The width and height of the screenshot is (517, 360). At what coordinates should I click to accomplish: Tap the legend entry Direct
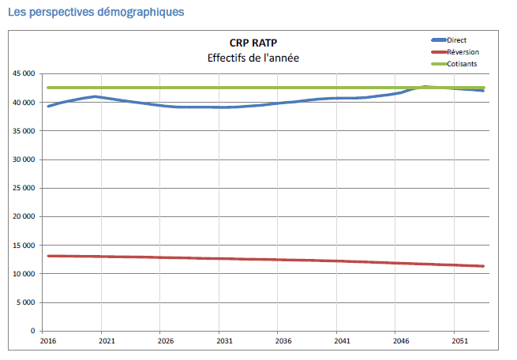[457, 39]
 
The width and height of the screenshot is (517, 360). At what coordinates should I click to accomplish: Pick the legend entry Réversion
[461, 51]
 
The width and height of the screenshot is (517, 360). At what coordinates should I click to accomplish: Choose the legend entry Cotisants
[461, 62]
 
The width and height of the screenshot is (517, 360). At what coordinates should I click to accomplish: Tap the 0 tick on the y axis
[32, 331]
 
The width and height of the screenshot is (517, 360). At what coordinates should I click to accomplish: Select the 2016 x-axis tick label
[48, 340]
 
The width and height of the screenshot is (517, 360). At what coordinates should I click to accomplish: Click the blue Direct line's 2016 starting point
[48, 106]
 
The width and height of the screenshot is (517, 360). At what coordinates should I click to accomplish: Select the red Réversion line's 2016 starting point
[48, 256]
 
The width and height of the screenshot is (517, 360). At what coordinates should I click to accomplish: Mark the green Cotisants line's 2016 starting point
[48, 88]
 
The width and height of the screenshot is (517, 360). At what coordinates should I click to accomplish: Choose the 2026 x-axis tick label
[166, 340]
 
